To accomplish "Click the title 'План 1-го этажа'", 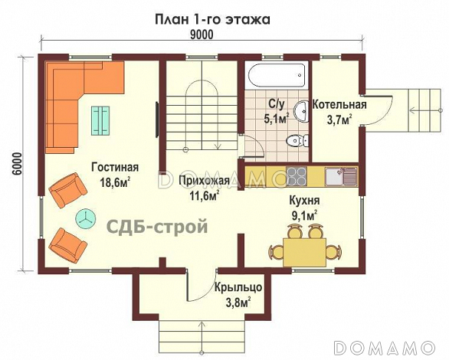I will coord(213,17).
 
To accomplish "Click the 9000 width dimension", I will coord(201,34).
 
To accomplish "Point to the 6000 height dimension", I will coord(17,165).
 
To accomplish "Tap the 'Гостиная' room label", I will coord(114,168).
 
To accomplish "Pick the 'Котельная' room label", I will coord(339,105).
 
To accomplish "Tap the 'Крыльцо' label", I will coord(240,287).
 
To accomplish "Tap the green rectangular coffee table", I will coord(101,119).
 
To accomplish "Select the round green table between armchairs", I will coord(84,218).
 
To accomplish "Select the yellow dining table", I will coord(304,250).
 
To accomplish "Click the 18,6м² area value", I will coord(114,182).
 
